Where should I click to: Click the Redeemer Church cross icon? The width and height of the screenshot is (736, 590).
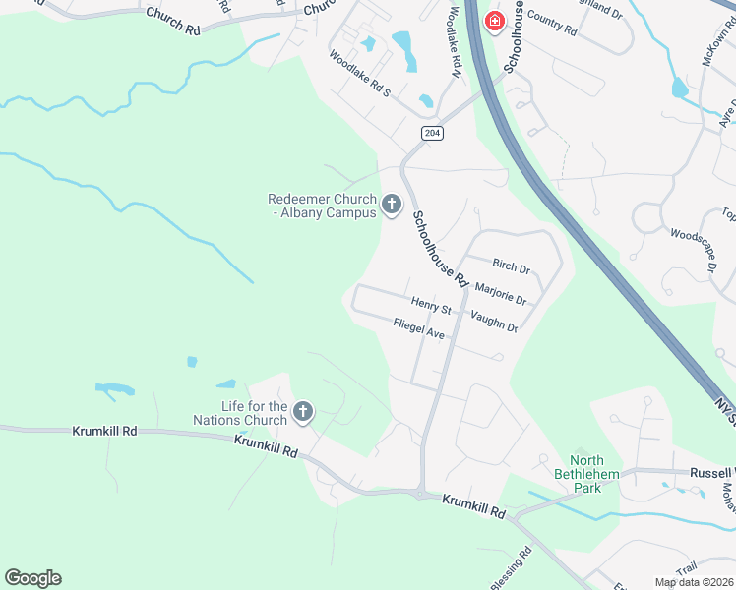tap(391, 205)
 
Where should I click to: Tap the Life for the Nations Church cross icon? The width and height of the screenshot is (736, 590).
tap(303, 412)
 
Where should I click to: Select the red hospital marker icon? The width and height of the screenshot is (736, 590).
tap(492, 20)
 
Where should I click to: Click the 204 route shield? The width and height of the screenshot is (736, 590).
tap(431, 133)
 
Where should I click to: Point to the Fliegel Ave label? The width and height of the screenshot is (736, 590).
tap(419, 329)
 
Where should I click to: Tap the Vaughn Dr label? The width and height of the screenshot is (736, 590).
tap(494, 321)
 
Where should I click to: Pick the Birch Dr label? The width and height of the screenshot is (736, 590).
tap(511, 266)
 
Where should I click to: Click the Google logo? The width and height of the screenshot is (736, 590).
tap(32, 578)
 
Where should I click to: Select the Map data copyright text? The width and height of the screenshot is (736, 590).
tap(694, 582)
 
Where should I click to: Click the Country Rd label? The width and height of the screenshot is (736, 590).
tap(551, 22)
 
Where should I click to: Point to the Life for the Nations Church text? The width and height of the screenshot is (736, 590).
tap(254, 413)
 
